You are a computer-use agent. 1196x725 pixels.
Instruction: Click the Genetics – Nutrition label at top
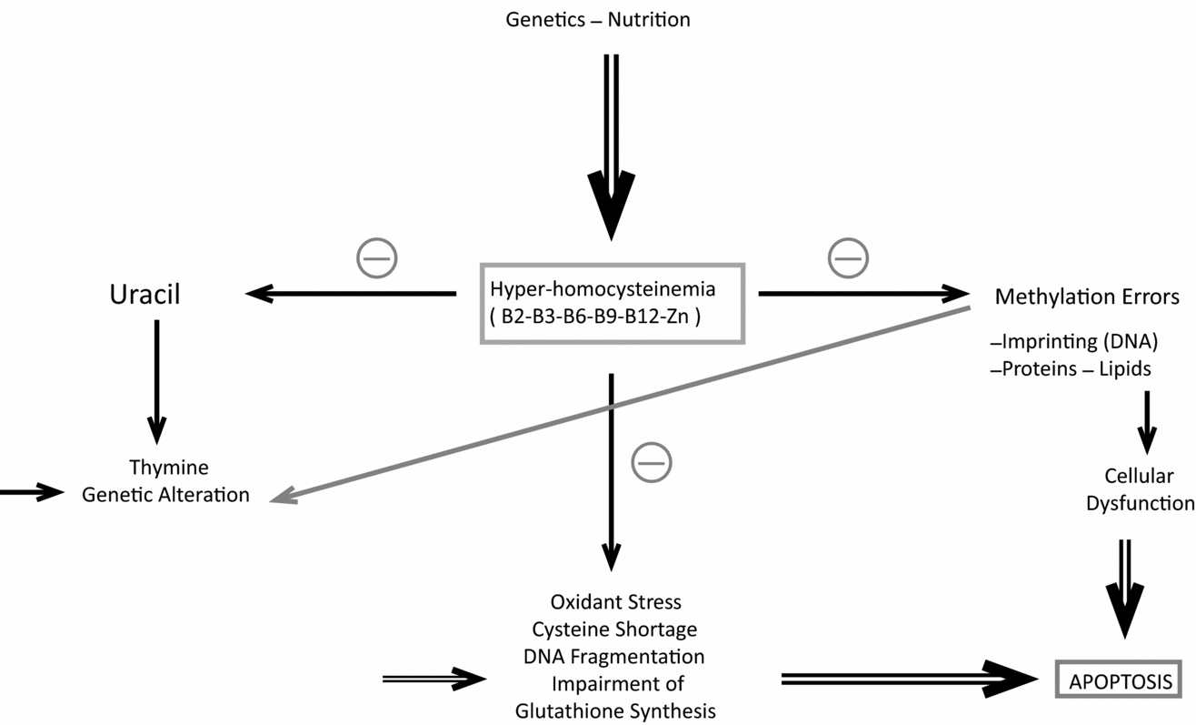[x=598, y=19]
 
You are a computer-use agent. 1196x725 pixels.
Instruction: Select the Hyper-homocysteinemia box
[x=612, y=303]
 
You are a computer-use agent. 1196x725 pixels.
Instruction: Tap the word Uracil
[x=145, y=296]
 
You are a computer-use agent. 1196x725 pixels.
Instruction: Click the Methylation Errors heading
[x=1087, y=297]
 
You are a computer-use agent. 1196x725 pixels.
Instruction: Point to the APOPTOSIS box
[x=1118, y=681]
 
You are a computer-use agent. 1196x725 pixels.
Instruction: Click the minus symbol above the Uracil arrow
[x=376, y=258]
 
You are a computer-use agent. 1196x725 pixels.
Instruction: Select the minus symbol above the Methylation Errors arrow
[x=848, y=258]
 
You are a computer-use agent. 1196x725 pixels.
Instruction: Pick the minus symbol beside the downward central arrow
[x=652, y=462]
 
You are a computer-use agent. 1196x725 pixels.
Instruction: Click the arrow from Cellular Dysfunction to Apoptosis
[x=1125, y=591]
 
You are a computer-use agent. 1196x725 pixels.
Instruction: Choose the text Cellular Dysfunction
[x=1140, y=489]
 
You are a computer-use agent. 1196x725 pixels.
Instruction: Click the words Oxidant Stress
[x=615, y=602]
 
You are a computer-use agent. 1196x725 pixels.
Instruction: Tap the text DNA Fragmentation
[x=613, y=656]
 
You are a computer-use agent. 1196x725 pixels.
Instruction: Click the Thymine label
[x=168, y=468]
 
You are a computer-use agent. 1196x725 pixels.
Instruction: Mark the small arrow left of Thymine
[x=32, y=492]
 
